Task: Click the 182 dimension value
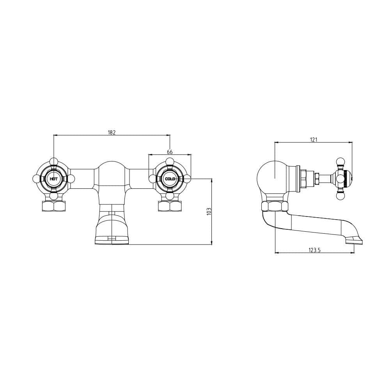pos(112,133)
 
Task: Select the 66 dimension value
pos(170,152)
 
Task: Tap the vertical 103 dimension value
pos(209,211)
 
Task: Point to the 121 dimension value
pos(314,140)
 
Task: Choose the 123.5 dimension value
pos(314,250)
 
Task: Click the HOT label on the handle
pos(53,179)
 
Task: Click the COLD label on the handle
pos(170,179)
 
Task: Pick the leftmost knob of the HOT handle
pos(36,179)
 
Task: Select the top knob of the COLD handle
pos(169,161)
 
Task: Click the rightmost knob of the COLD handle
pos(188,179)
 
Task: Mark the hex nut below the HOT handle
pos(54,206)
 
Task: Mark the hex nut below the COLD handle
pos(170,206)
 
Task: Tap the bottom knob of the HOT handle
pos(54,196)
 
